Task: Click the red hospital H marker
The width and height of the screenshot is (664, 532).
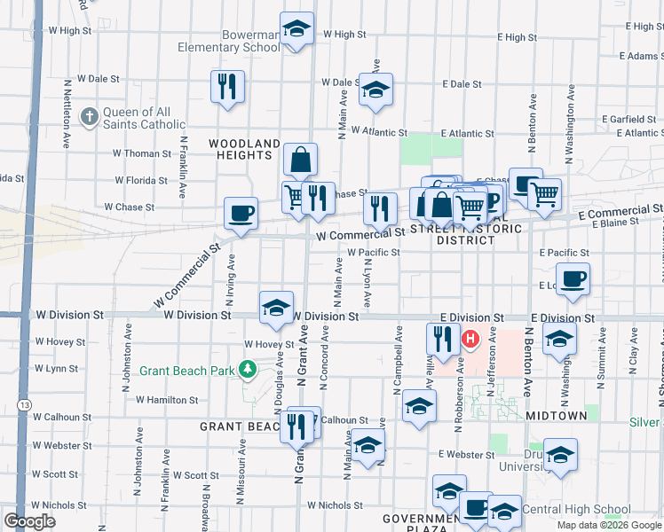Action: pos(470,339)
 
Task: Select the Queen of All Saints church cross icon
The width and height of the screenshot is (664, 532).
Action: pos(90,116)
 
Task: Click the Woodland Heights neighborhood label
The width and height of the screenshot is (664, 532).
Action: pos(245,149)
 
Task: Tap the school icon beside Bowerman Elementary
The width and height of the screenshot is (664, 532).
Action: pos(296,28)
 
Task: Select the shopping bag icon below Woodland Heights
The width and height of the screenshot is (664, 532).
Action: pos(301,160)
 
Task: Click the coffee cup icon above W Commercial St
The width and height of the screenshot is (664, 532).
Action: pos(241,213)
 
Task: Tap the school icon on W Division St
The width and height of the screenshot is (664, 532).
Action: pos(276,308)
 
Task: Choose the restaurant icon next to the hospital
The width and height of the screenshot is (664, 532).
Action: pos(442,338)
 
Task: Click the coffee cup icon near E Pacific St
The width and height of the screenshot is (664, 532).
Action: pos(572,278)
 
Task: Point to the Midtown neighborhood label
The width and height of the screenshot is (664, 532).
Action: pos(556,415)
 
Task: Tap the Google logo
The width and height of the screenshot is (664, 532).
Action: pos(29,520)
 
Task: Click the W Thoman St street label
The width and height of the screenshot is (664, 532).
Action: pos(142,153)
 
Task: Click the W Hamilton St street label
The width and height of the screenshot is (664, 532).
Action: pos(167,400)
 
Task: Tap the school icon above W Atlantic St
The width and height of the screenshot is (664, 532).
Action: pos(376,90)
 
